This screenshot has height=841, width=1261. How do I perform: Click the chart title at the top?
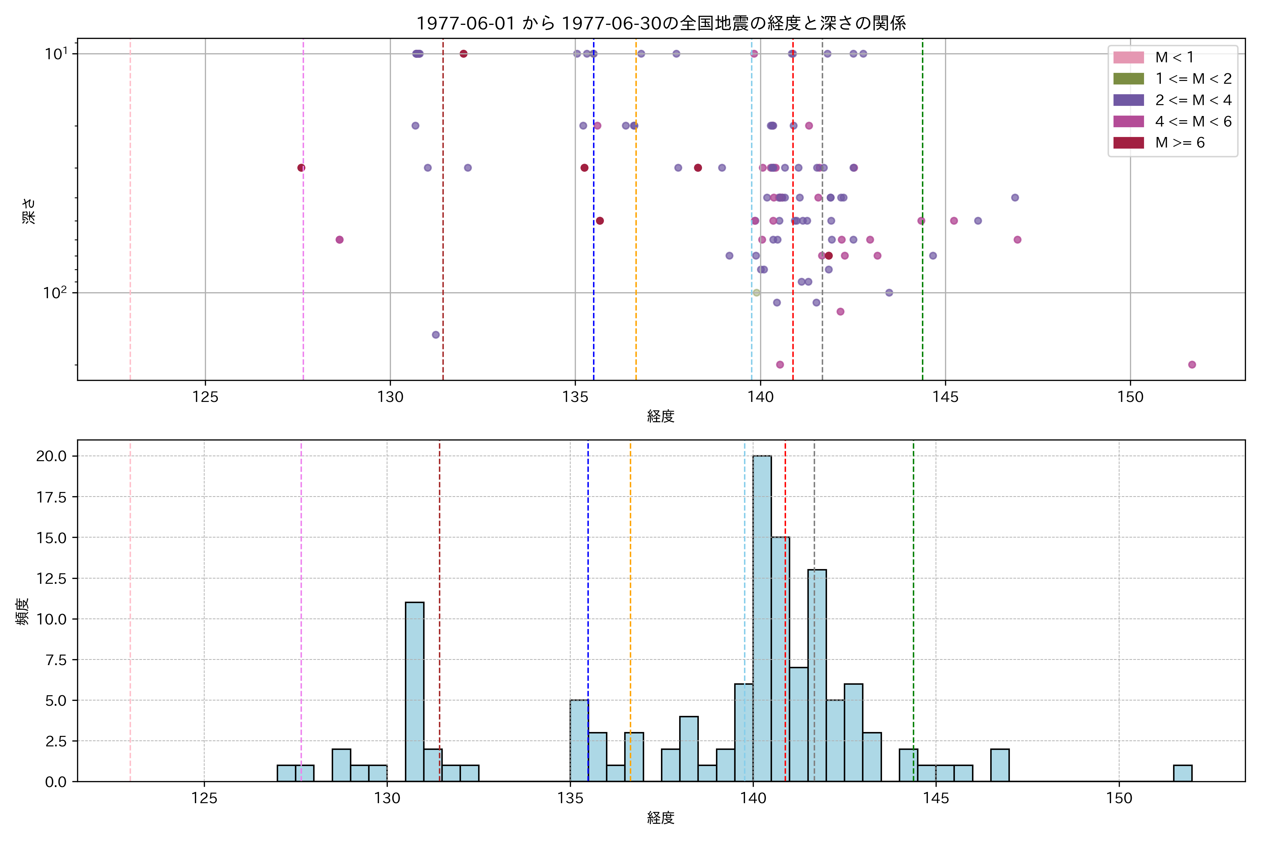tap(661, 23)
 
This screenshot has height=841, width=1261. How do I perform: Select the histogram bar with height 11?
tap(414, 691)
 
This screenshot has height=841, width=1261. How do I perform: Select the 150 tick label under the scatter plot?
tap(1130, 397)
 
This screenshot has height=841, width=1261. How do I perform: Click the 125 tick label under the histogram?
tap(204, 799)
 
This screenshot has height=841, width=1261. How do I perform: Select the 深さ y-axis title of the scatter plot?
tap(29, 210)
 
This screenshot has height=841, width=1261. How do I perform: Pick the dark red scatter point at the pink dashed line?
tap(301, 168)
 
